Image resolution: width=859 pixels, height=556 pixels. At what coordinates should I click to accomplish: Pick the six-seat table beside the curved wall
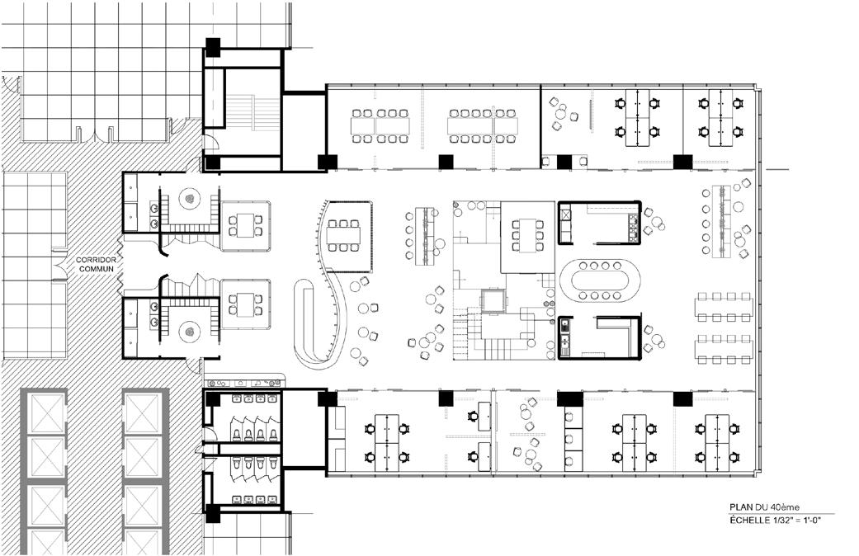[x=343, y=235]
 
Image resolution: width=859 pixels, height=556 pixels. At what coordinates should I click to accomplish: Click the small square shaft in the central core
[x=493, y=301]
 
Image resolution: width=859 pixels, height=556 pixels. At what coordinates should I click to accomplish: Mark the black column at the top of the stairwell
[x=213, y=48]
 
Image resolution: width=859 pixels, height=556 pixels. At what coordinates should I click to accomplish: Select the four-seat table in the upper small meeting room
[x=246, y=224]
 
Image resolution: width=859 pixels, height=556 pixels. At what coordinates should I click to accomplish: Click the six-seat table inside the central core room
[x=526, y=233]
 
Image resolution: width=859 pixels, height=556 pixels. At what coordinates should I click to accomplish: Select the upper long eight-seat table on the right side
[x=724, y=307]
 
